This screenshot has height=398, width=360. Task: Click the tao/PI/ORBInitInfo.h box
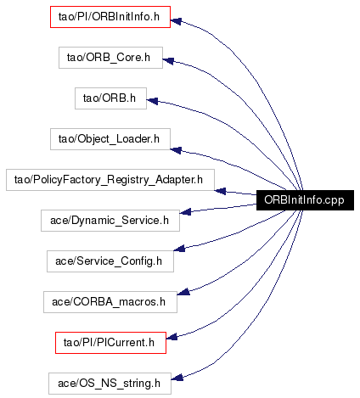(x=110, y=17)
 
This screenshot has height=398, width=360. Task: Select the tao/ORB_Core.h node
(x=110, y=58)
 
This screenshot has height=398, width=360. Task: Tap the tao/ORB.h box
(x=110, y=98)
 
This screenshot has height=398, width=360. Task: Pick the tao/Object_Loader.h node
(x=110, y=139)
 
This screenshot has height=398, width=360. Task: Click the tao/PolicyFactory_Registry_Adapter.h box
(x=110, y=180)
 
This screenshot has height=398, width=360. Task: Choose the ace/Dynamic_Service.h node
(x=110, y=221)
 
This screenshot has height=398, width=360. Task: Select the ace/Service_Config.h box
(x=110, y=261)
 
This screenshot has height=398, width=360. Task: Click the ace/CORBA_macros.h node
(x=110, y=302)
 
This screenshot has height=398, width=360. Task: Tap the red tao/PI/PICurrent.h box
(x=110, y=343)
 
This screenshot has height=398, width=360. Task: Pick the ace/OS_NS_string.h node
(x=110, y=384)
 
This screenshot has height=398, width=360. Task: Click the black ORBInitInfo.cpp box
(x=305, y=200)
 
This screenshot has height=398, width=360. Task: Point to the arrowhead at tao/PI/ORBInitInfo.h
(x=176, y=21)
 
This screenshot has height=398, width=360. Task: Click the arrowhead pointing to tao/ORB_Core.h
(x=168, y=60)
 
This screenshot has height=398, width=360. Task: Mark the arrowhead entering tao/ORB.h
(x=152, y=100)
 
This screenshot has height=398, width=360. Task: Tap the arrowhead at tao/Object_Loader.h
(x=176, y=150)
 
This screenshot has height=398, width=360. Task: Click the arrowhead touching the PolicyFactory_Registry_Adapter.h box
(x=220, y=191)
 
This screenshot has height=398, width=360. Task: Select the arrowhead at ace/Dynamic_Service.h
(x=185, y=211)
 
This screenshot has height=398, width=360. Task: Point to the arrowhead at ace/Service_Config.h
(x=179, y=249)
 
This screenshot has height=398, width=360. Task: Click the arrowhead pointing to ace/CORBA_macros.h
(x=183, y=292)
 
